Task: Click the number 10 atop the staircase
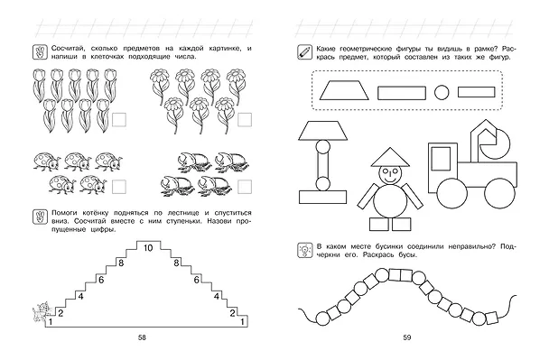pos(148,248)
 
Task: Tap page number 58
pos(142,337)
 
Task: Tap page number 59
pos(407,337)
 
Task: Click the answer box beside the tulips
pos(119,120)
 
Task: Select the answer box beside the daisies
pos(245,120)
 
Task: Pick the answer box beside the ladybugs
pos(119,187)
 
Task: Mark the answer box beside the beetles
pos(245,187)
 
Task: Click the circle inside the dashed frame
pos(442,93)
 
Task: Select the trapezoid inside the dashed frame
pos(344,90)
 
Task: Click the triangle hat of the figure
pos(390,157)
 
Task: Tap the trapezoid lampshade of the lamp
pos(322,131)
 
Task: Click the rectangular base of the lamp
pos(322,197)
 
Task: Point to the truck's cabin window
pos(441,159)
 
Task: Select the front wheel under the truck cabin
pos(452,193)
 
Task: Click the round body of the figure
pos(390,202)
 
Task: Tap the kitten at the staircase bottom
pos(42,311)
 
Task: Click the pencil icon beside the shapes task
pos(304,52)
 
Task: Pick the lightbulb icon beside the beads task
pos(304,251)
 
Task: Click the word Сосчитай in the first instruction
pos(67,49)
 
